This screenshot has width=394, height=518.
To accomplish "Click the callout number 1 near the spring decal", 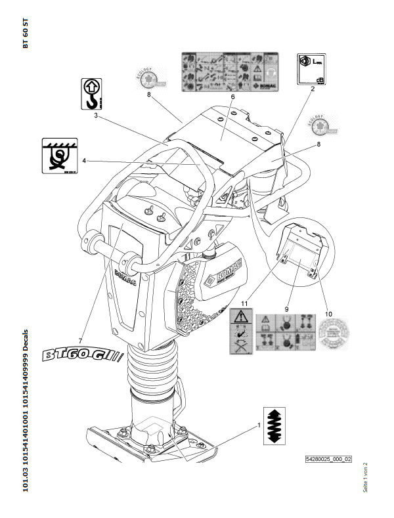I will click(x=260, y=426).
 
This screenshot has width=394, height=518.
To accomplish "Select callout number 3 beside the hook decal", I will click(x=96, y=116).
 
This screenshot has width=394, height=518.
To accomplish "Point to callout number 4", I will click(x=85, y=160).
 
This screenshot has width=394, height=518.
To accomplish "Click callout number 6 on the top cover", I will click(x=232, y=97).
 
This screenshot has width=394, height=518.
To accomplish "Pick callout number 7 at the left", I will click(x=79, y=341).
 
